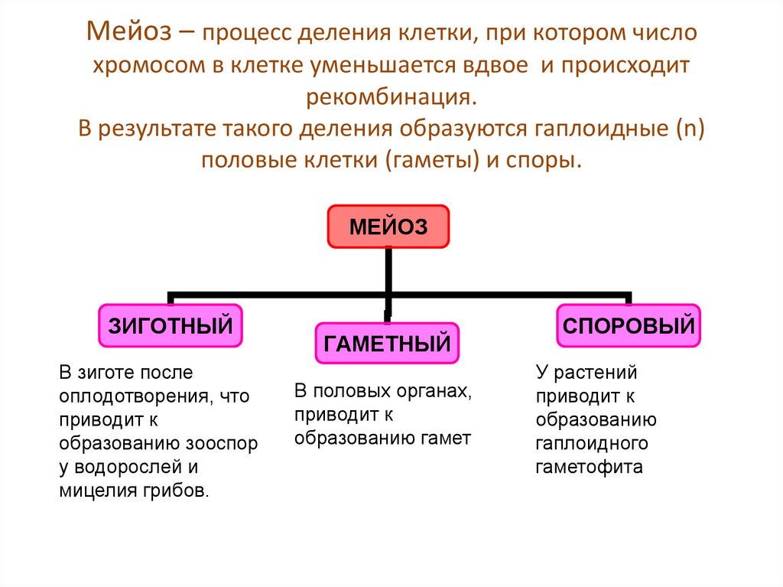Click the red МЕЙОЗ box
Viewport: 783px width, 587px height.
pos(388,227)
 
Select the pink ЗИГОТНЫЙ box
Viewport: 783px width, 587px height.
pos(171,325)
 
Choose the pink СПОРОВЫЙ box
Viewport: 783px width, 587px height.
pos(629,325)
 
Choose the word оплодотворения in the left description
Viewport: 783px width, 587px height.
pos(132,396)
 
